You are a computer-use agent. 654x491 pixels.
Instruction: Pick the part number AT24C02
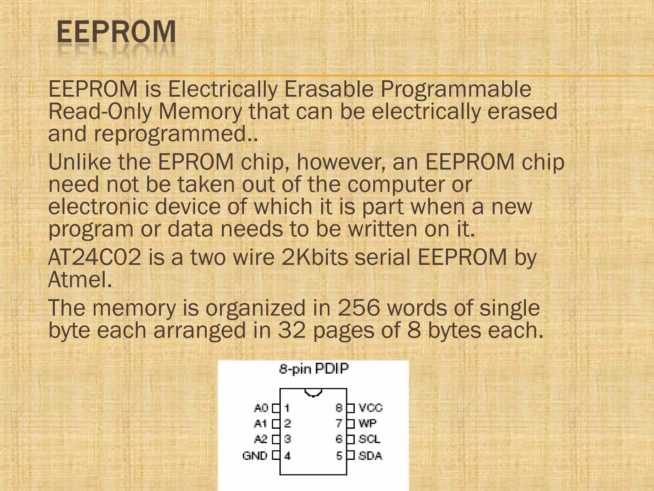point(95,257)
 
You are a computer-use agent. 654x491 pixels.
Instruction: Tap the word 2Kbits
point(315,257)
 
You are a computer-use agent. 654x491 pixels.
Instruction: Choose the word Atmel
point(80,279)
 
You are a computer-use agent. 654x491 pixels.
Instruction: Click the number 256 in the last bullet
point(359,308)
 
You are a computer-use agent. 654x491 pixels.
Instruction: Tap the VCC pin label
point(370,408)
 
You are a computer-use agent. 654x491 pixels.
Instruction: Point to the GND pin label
point(255,455)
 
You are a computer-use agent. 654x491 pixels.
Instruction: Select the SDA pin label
point(370,455)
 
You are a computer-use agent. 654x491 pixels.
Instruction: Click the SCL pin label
point(369,439)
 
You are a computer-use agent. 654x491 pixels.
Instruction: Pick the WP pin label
point(367,424)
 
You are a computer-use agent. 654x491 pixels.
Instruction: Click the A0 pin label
point(261,408)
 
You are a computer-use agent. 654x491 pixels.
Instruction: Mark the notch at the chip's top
point(313,392)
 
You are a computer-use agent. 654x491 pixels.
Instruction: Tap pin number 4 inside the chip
point(287,456)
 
